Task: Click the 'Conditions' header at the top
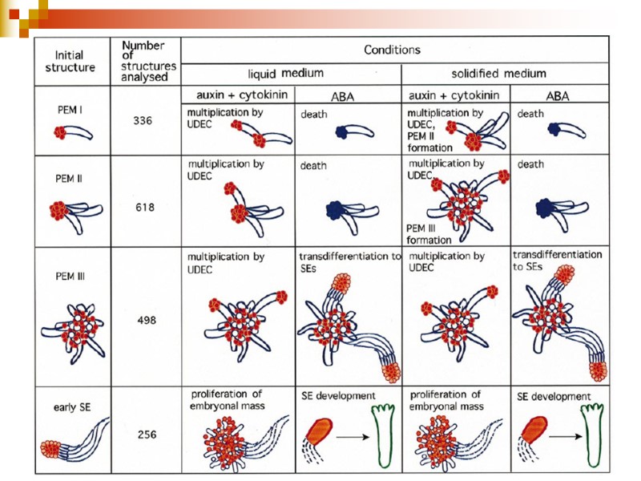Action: pos(392,50)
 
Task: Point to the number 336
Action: pos(143,122)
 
